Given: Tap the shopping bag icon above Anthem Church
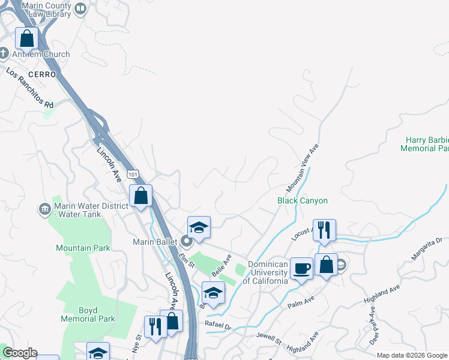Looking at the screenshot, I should [x=27, y=39].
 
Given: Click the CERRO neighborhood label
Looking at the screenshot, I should [x=46, y=74].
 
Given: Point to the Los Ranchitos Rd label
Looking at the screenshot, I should [x=30, y=88].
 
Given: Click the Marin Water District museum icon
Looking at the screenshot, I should [x=45, y=209].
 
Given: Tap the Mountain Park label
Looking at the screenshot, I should [x=82, y=248].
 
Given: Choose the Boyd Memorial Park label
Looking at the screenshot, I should [x=88, y=315].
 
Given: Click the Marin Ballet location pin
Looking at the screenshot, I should [x=186, y=242].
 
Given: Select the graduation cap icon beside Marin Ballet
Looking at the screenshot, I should [x=199, y=228].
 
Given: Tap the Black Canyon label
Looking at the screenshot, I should [x=302, y=200].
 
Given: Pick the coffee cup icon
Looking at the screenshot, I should [x=301, y=268].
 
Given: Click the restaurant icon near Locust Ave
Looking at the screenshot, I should [x=324, y=230].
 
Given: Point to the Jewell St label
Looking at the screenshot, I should [x=269, y=338].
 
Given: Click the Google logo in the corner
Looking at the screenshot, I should [x=20, y=353].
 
